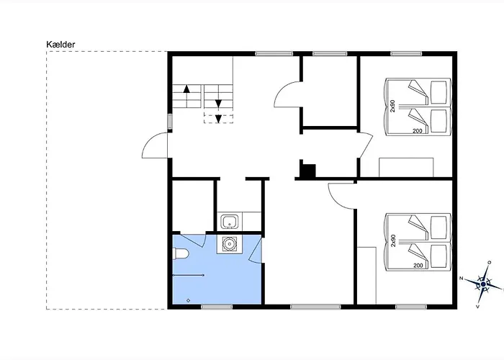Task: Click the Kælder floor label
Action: pos(60,45)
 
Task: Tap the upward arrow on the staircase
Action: pos(186,89)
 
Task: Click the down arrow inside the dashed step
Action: pos(218,119)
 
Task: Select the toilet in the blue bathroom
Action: pos(180,253)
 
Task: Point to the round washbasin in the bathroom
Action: pos(228,244)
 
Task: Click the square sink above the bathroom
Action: pos(229,222)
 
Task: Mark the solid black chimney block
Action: pos(307,171)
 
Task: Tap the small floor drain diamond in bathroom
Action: pos(188,300)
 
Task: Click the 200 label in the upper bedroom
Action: pos(417,131)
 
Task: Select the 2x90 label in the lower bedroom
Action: pos(392,240)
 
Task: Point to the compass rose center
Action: pos(483,284)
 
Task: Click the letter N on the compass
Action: pos(461,279)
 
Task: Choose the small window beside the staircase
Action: pos(170,122)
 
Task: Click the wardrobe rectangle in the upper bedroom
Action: pos(406,167)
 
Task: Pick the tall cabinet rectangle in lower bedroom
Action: pos(366,276)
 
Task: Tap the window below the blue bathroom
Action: pos(217,307)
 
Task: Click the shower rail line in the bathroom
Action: pos(189,275)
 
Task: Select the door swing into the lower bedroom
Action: pos(341,195)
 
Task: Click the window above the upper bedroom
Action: pos(406,54)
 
